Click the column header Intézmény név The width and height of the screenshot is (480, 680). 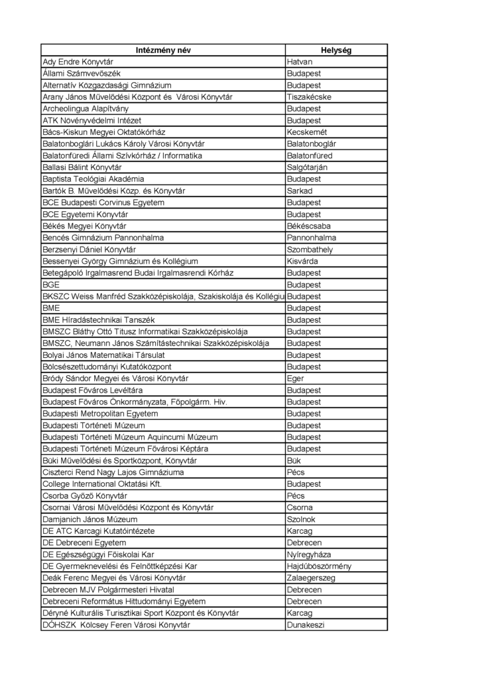click(x=162, y=50)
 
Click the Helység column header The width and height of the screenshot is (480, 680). click(x=336, y=50)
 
